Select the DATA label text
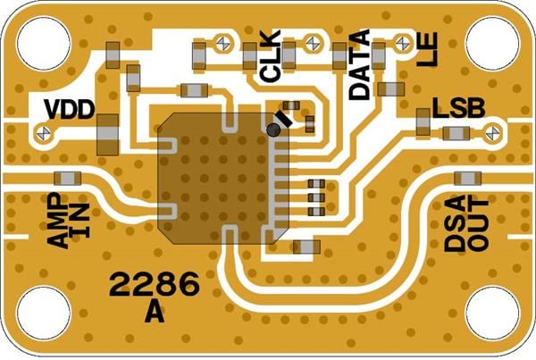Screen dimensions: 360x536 (x=359, y=64)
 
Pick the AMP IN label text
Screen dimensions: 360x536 (x=69, y=220)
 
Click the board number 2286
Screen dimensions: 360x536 (x=154, y=285)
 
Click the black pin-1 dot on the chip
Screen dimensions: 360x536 (x=273, y=130)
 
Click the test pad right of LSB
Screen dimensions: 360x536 (x=490, y=133)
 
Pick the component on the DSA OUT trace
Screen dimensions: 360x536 (x=467, y=178)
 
